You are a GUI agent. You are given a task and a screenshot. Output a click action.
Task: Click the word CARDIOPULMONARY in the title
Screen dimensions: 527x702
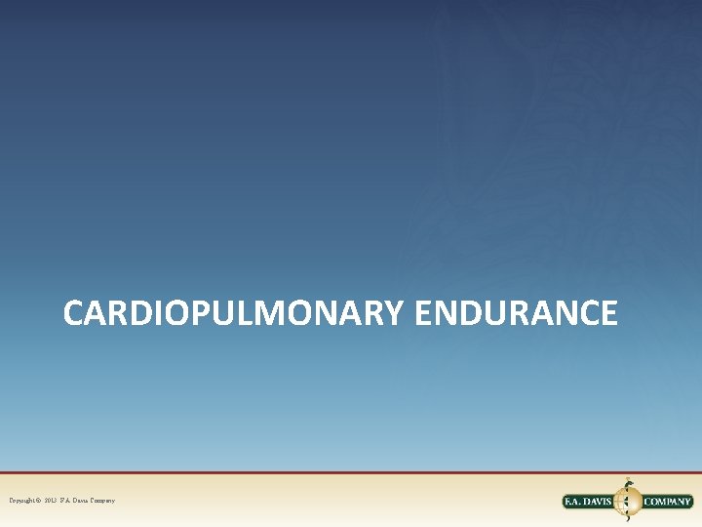233,313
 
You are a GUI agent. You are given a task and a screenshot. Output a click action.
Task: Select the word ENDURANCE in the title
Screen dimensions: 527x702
516,313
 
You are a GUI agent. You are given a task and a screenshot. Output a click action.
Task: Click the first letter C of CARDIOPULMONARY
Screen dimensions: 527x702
75,313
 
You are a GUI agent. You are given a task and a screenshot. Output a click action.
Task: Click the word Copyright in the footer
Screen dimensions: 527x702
24,501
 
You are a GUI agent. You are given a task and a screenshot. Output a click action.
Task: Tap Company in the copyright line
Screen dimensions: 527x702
103,501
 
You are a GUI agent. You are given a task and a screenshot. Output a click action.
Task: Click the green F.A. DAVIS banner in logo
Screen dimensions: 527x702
589,502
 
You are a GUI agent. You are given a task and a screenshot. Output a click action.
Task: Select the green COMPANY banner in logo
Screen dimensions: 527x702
668,502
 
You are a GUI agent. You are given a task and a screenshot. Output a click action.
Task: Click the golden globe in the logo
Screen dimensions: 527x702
627,502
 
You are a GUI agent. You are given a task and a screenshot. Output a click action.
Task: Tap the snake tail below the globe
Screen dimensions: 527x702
628,521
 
